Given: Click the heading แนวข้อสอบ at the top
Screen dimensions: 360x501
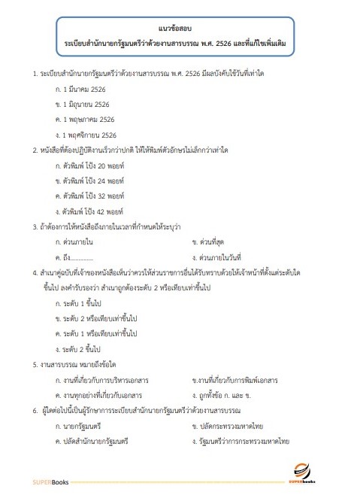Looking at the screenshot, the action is click(180, 26).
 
